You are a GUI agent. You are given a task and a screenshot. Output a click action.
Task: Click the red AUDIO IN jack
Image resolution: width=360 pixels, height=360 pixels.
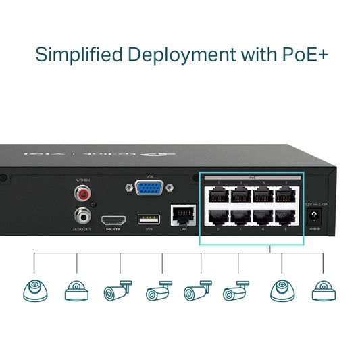[x=82, y=195]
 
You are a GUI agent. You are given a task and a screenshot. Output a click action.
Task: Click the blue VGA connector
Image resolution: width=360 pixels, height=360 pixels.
[x=148, y=188]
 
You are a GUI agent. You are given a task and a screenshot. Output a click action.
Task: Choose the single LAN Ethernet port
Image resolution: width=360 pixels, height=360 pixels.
[x=182, y=215]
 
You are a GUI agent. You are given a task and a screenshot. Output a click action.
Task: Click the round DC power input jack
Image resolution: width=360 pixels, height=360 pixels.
[x=314, y=216]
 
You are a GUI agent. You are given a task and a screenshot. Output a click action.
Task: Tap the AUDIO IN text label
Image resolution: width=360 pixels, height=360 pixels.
[x=82, y=180]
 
